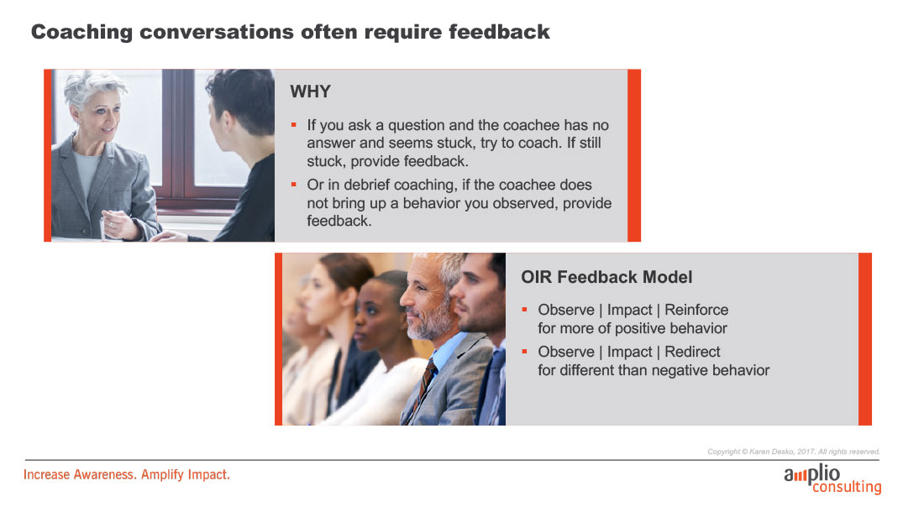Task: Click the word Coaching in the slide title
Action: click(x=81, y=32)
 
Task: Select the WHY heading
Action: click(x=311, y=91)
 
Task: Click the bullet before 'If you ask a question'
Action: click(x=294, y=125)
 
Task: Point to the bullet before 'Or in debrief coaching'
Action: click(x=294, y=185)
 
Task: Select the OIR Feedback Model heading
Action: click(x=606, y=277)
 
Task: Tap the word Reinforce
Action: click(x=696, y=310)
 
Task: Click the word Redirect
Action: click(x=692, y=352)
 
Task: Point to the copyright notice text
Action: click(x=794, y=452)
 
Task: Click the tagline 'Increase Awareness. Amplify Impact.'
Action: click(x=127, y=475)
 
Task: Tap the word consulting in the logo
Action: click(x=847, y=487)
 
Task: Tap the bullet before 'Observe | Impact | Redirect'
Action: click(x=525, y=352)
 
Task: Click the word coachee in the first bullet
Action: click(x=531, y=125)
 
